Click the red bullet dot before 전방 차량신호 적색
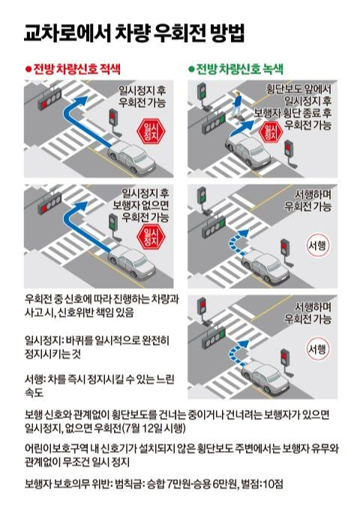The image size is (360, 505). [x=28, y=69]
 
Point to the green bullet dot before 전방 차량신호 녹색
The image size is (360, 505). [x=191, y=69]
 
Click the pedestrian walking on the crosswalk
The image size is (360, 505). [x=238, y=103]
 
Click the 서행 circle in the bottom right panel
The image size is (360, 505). [x=316, y=348]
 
